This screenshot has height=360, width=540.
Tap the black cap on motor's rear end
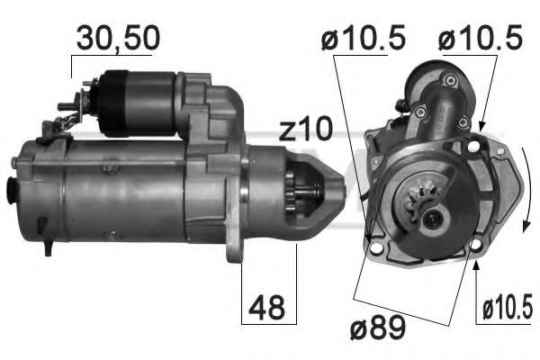coord(12,190)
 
